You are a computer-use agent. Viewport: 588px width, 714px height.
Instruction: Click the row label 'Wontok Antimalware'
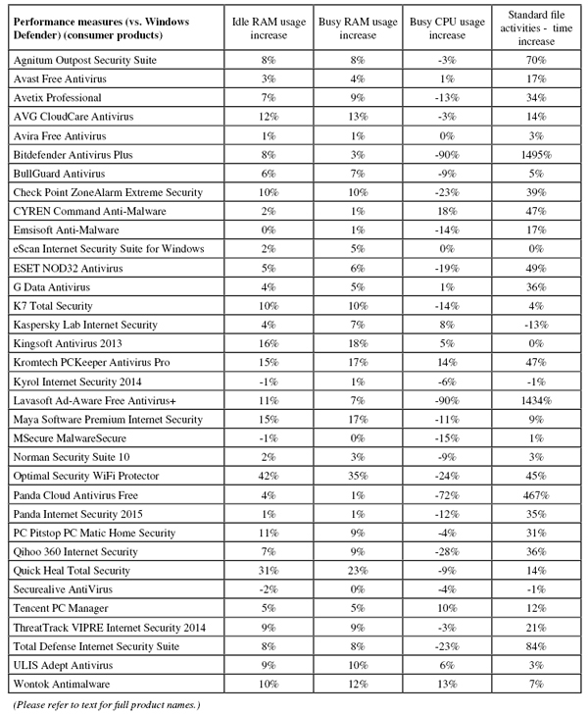click(x=58, y=683)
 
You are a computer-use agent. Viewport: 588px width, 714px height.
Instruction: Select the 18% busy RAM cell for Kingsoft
click(x=355, y=343)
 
